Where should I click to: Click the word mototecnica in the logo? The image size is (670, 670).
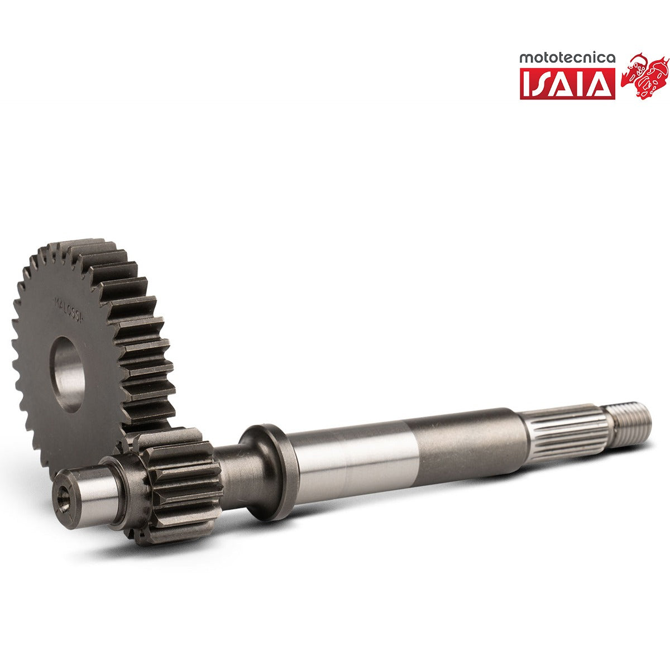click(x=567, y=58)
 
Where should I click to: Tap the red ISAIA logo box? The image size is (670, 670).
click(x=567, y=84)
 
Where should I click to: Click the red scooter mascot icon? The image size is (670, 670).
click(x=645, y=75)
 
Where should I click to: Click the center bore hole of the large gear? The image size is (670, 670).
click(x=68, y=374)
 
